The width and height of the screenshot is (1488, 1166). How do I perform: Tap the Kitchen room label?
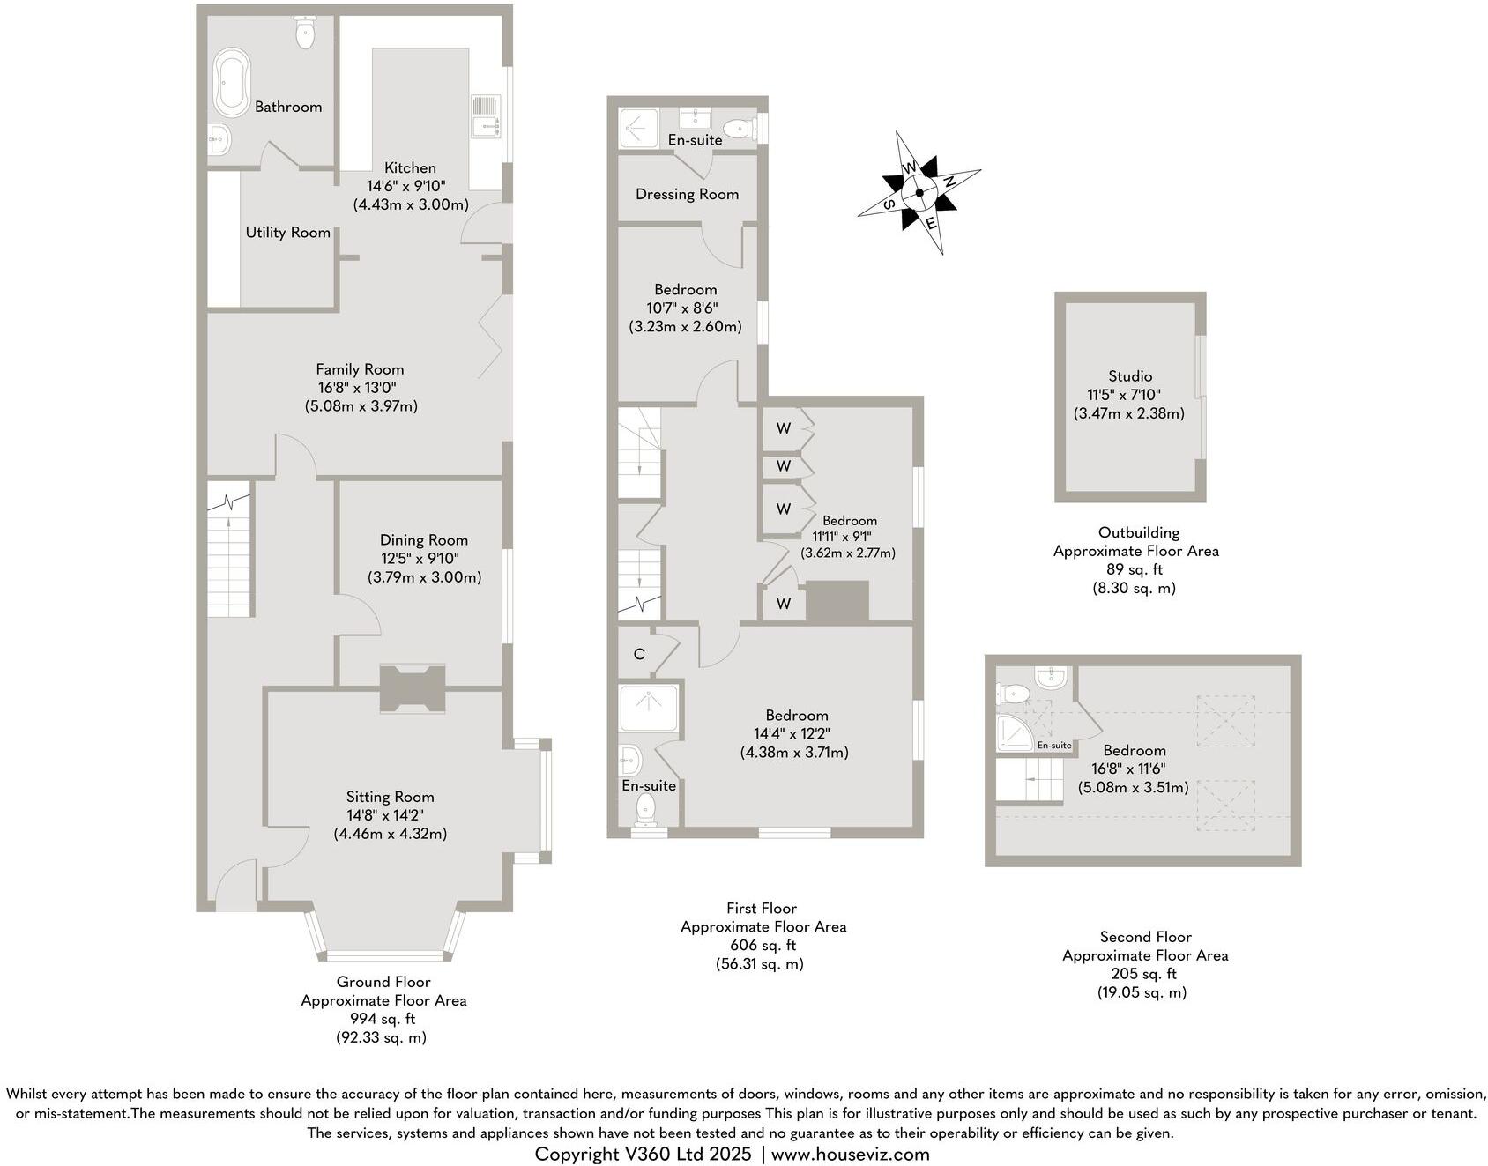tap(410, 167)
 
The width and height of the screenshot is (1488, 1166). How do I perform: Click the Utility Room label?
tap(288, 232)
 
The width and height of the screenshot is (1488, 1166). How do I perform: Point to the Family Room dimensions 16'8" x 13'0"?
tap(361, 388)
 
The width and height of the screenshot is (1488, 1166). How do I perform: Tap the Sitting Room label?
tap(390, 797)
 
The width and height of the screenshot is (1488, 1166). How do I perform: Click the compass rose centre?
tap(919, 193)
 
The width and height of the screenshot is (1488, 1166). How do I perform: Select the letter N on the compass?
tap(950, 182)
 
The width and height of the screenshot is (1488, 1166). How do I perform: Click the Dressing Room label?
tap(687, 194)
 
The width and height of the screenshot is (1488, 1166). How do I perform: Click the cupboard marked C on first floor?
tap(640, 654)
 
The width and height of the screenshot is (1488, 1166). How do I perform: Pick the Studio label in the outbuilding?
tap(1130, 376)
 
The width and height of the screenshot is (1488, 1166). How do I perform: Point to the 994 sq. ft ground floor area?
tap(382, 1019)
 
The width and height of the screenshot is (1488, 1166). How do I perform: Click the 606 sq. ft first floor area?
tap(763, 945)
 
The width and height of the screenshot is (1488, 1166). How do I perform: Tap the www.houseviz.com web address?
tap(851, 1154)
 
